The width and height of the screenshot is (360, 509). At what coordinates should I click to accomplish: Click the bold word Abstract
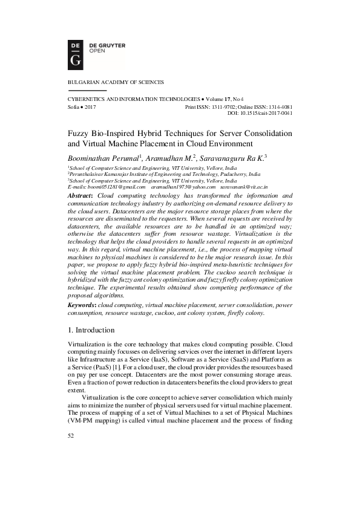click(x=80, y=196)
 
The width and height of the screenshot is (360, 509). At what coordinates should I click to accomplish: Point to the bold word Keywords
click(x=81, y=306)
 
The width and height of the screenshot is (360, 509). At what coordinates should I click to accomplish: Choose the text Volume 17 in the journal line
click(x=220, y=99)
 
